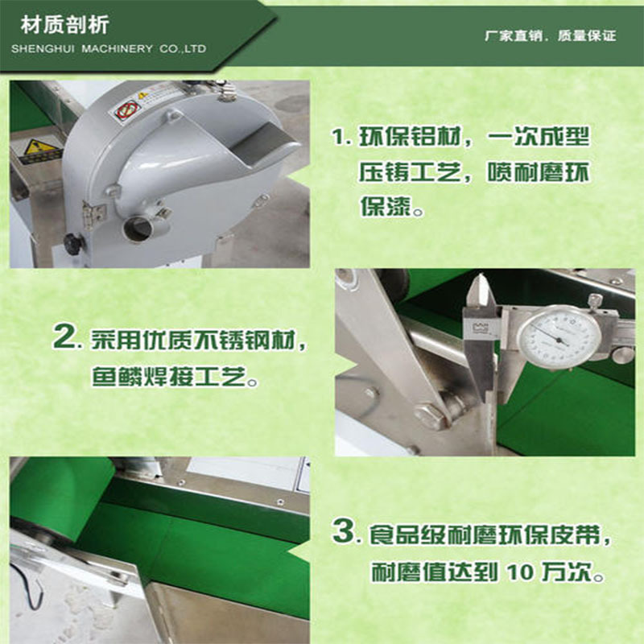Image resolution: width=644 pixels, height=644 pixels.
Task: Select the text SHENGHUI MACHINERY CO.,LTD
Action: (x=109, y=49)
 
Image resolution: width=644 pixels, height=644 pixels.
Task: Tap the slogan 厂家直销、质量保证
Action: (x=550, y=36)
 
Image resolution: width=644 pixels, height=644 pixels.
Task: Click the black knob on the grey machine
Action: (x=74, y=242)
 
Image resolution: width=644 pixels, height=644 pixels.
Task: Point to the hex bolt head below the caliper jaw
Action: (x=427, y=415)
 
